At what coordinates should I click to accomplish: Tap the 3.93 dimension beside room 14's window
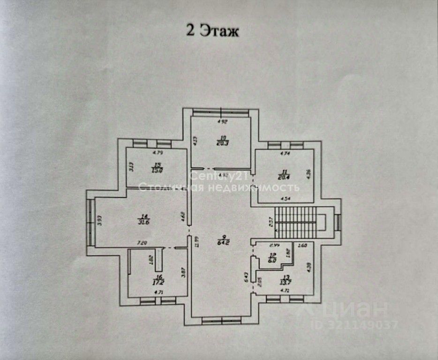click(99, 220)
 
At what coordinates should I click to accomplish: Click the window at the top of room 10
click(221, 112)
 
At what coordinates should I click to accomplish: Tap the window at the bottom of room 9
click(221, 320)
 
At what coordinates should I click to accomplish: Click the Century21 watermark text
click(212, 176)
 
